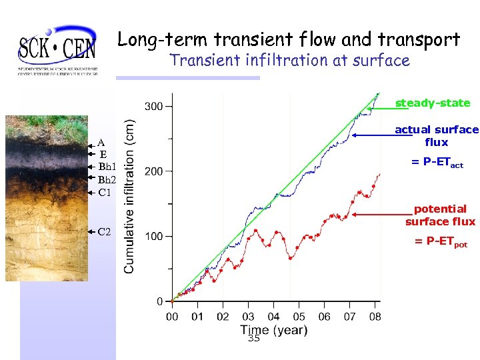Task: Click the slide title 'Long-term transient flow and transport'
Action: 289,39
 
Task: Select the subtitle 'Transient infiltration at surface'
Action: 289,61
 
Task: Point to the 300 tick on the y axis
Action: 154,107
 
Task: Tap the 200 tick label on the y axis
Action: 154,171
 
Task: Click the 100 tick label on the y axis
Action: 154,237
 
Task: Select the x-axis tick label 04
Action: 273,317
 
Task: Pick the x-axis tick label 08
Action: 375,317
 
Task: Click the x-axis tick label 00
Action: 172,317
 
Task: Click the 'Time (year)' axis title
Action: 274,330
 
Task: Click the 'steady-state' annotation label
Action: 433,103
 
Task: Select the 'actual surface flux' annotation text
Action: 437,136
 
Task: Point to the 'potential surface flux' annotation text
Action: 440,215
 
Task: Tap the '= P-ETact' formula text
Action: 437,163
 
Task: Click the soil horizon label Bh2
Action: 107,179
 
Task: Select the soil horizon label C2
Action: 104,232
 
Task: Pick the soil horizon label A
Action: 101,142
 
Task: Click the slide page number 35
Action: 253,339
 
